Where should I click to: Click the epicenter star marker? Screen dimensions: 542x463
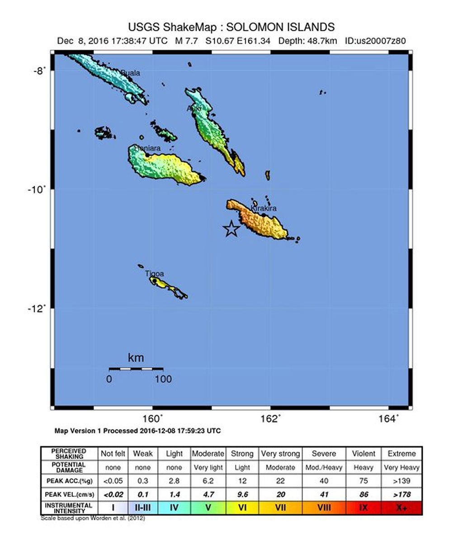(x=231, y=229)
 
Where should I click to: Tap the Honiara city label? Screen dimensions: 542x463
(x=147, y=148)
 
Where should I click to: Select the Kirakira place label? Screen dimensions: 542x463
(x=264, y=208)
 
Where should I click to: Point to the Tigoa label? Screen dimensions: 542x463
(x=155, y=274)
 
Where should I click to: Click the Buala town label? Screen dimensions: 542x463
(x=131, y=73)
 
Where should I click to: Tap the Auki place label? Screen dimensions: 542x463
(x=194, y=108)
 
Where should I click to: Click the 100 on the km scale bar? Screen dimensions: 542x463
(x=163, y=379)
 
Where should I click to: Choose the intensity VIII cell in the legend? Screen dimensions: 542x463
(x=324, y=508)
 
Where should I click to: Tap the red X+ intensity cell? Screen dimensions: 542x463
(x=402, y=508)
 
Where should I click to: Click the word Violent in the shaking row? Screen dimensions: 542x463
(x=363, y=453)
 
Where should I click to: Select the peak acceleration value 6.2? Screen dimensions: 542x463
(x=208, y=481)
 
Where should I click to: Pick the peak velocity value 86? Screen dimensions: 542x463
(x=363, y=495)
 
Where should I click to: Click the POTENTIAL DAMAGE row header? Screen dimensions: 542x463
(x=68, y=467)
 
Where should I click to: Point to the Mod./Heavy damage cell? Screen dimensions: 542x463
(x=324, y=467)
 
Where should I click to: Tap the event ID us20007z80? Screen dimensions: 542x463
(x=375, y=41)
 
